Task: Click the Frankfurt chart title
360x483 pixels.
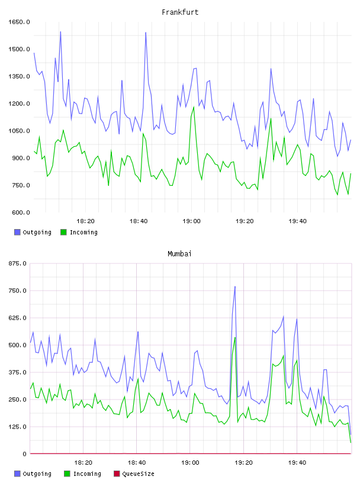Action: (x=180, y=12)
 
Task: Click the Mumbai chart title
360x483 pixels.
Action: (x=179, y=254)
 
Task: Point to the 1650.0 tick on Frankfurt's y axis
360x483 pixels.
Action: (x=19, y=22)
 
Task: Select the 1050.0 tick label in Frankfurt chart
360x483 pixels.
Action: (x=19, y=131)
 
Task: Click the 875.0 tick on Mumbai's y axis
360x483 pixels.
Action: (x=18, y=263)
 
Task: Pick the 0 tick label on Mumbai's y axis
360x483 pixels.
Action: (x=25, y=454)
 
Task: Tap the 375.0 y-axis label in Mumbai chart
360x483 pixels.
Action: (x=18, y=372)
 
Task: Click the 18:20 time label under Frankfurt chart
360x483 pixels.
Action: (x=85, y=221)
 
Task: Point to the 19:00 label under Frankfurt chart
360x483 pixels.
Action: (x=191, y=221)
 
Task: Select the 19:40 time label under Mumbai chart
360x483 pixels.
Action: (x=297, y=463)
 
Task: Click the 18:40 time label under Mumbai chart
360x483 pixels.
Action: (x=137, y=463)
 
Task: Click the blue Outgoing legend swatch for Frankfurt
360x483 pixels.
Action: (x=17, y=232)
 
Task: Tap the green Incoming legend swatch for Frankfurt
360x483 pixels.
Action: (x=63, y=232)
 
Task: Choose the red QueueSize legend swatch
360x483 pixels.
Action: (x=117, y=474)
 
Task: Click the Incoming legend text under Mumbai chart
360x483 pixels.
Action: (x=87, y=474)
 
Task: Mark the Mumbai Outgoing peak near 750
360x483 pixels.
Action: (x=235, y=286)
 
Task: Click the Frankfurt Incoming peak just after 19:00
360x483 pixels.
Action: (x=194, y=107)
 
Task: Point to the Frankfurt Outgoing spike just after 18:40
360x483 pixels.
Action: (x=146, y=33)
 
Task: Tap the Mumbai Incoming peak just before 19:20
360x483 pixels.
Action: (x=235, y=337)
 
